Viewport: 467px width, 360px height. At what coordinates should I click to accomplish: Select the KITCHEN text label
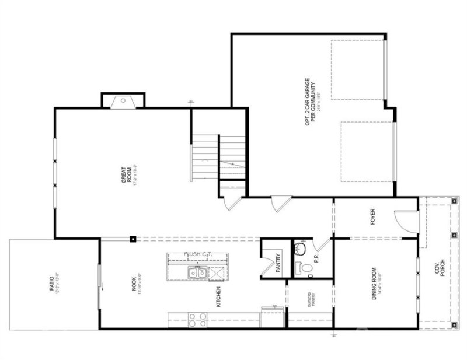(x=219, y=299)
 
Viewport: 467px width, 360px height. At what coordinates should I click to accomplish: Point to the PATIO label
(x=54, y=284)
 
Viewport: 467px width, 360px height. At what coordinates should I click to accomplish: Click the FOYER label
(x=372, y=217)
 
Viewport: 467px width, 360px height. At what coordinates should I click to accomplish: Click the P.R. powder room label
(x=316, y=257)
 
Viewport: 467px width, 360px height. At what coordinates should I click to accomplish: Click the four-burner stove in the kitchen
(x=197, y=319)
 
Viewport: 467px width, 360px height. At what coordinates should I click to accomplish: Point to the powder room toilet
(x=303, y=268)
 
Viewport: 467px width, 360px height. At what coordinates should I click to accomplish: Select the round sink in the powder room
(x=299, y=250)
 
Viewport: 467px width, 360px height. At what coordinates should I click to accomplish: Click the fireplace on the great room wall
(x=123, y=100)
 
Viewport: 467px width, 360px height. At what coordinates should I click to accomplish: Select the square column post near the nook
(x=134, y=238)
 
